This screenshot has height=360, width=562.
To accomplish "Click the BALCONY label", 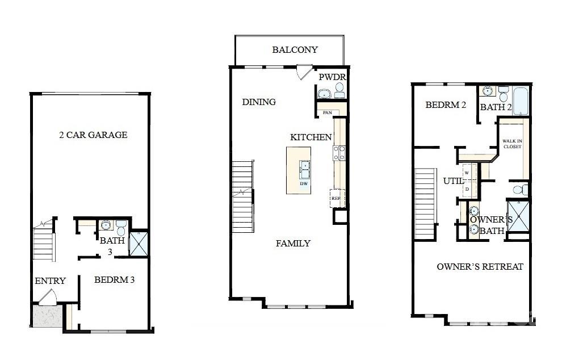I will (295, 50).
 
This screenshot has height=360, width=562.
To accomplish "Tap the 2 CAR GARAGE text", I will (93, 135).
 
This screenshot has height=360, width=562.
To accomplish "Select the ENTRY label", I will (50, 281).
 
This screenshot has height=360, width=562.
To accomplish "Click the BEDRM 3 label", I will (114, 279).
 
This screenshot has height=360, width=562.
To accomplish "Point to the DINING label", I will (259, 102).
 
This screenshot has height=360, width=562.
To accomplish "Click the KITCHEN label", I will (311, 137).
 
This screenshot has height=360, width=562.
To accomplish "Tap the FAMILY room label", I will (293, 243).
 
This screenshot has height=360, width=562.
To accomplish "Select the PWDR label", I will (332, 77).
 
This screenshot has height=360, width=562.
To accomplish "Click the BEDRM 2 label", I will (446, 104).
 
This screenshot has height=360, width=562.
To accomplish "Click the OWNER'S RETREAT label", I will (480, 266).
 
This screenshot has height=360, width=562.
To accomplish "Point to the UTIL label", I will (454, 181).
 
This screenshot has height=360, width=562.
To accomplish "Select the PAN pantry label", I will (327, 112).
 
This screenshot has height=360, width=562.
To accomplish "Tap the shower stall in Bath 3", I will (138, 242).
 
